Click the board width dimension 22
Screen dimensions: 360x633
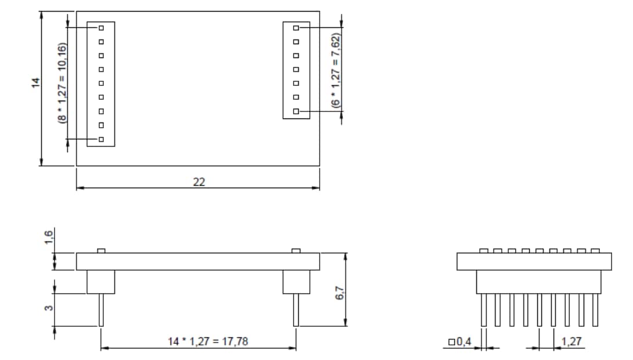pos(198,182)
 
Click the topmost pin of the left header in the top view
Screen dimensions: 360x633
pos(101,27)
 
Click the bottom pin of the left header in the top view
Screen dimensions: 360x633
pos(101,139)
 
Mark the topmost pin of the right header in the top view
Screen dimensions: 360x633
pos(296,27)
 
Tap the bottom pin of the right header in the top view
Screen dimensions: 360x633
pos(296,111)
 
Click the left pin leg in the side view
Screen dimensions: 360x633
pos(101,310)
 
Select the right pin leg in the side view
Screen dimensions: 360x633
pos(296,310)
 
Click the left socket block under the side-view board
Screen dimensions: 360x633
pos(101,282)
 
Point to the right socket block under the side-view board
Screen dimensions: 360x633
pos(296,282)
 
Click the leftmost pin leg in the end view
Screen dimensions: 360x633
pos(484,310)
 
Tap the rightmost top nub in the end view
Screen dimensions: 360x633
pos(596,251)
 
